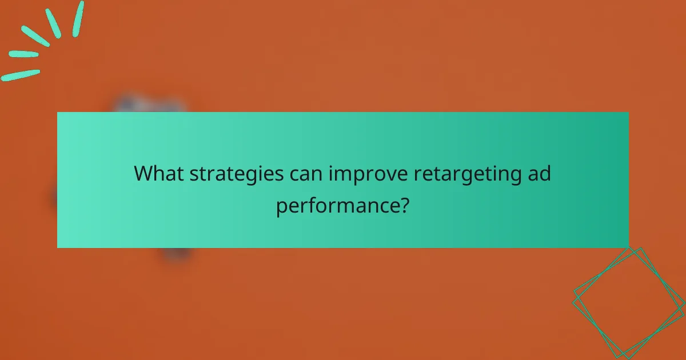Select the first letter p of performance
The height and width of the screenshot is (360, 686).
281,207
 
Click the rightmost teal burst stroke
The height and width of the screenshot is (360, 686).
78,19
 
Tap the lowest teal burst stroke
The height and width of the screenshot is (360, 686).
21,75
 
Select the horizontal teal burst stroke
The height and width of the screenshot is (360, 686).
23,54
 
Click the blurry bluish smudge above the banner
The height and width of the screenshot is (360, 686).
150,104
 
